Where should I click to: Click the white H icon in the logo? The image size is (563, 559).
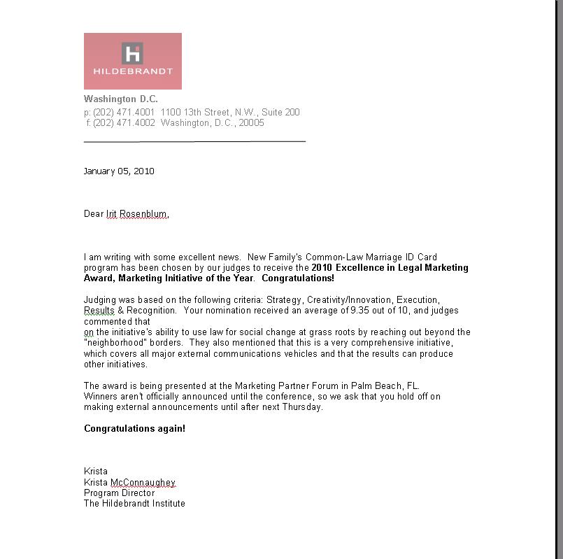point(132,53)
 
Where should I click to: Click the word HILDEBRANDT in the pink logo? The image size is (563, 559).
point(133,71)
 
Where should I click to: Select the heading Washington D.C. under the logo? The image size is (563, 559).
point(121,99)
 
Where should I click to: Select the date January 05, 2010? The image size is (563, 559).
point(119,171)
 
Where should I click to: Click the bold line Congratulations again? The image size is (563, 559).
point(135,428)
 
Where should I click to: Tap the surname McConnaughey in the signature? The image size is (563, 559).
point(143,483)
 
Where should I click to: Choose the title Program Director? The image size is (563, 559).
point(119,493)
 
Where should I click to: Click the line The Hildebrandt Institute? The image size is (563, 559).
point(134,504)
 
